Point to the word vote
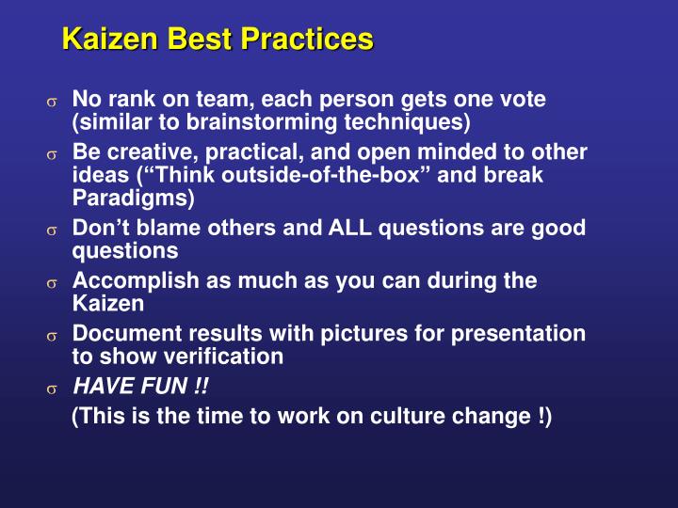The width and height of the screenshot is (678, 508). pyautogui.click(x=521, y=99)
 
